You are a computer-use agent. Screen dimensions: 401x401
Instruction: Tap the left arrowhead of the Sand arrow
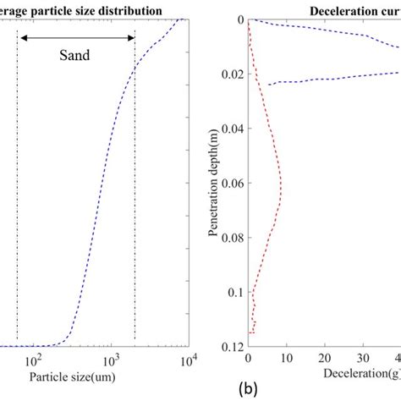[23, 37]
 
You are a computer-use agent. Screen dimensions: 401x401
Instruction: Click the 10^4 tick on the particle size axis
[188, 360]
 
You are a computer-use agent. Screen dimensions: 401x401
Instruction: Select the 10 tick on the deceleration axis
[287, 360]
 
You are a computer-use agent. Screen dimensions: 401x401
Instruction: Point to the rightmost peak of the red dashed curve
[281, 181]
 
